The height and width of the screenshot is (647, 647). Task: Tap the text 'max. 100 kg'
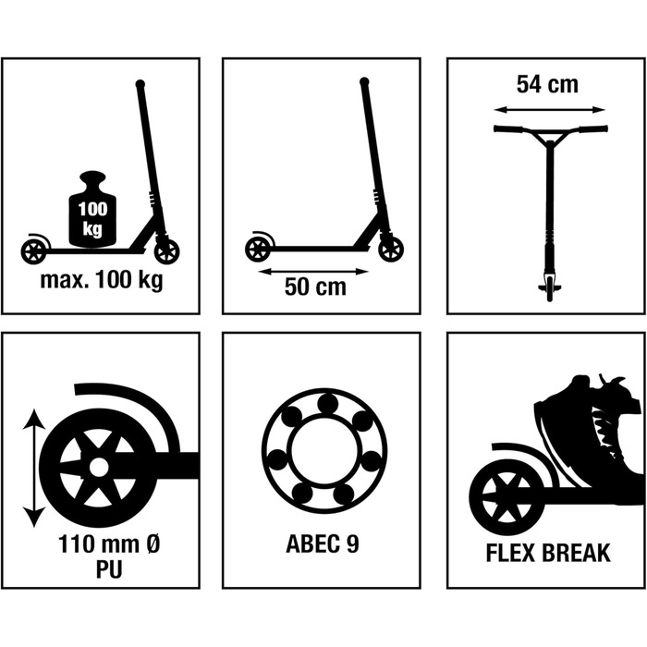(x=102, y=280)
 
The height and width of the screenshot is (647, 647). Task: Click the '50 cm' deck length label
(x=315, y=287)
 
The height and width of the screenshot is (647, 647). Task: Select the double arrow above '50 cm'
(x=313, y=271)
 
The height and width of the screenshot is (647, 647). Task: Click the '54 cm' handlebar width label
(x=547, y=84)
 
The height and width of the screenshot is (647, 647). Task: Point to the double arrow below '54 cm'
(x=549, y=109)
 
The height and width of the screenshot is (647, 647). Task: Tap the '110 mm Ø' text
(x=109, y=543)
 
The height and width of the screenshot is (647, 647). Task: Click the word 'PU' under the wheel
(x=109, y=569)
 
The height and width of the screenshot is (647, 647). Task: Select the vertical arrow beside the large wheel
(x=34, y=468)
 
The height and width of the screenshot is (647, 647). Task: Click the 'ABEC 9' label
(x=323, y=543)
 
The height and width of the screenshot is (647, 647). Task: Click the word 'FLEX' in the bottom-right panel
(x=510, y=554)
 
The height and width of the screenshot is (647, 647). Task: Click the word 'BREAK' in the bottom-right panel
(x=575, y=554)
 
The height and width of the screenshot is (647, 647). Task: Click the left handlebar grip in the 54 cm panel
(x=508, y=128)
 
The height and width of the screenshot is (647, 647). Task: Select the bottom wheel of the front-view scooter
(x=549, y=288)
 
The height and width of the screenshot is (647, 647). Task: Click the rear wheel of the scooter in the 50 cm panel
(x=259, y=250)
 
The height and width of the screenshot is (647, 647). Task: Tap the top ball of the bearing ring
(x=327, y=404)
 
